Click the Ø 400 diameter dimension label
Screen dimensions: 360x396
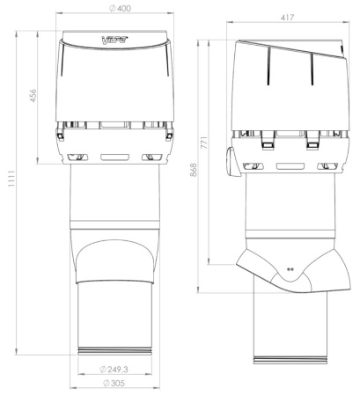coord(121,9)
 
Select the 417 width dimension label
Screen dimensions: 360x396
coord(287,18)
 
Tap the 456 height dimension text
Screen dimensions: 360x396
coord(33,96)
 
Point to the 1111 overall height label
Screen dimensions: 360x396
coord(11,179)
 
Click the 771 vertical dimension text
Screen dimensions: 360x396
coord(204,143)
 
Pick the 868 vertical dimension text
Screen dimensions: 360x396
coord(194,170)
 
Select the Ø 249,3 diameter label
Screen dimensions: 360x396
coord(114,370)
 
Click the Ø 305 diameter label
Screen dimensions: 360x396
coord(114,383)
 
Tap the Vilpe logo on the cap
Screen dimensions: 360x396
coord(114,40)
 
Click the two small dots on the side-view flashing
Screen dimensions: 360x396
coord(290,269)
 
